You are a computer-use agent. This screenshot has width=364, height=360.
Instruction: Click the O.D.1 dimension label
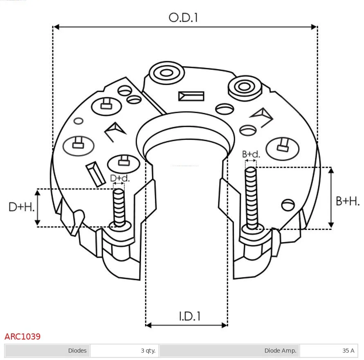[183, 18]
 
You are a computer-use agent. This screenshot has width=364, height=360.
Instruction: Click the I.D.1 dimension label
[189, 316]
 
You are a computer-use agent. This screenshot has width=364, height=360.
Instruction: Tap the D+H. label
[21, 207]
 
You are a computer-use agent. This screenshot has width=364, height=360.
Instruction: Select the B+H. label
[348, 201]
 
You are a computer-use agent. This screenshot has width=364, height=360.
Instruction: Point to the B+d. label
[251, 154]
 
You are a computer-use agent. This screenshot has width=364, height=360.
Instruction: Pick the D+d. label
[120, 178]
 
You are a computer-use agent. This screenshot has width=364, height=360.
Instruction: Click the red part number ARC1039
[22, 336]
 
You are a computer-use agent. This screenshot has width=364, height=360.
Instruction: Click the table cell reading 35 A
[328, 351]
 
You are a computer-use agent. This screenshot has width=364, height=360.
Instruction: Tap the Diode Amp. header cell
[229, 351]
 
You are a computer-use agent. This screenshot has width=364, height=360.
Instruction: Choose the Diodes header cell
[47, 351]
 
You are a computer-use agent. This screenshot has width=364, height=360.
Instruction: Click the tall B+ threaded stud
[251, 198]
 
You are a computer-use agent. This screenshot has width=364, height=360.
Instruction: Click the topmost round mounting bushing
[166, 73]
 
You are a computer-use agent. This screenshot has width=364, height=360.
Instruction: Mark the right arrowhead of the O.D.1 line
[314, 27]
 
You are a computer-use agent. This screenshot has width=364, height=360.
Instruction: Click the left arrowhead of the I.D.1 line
[148, 325]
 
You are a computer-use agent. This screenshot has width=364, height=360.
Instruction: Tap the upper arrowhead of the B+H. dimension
[331, 170]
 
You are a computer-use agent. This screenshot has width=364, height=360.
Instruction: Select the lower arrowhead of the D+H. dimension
[37, 223]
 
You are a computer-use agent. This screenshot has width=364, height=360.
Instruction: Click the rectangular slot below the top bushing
[191, 96]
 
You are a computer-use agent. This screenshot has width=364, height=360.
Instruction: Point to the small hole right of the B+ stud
[288, 205]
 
